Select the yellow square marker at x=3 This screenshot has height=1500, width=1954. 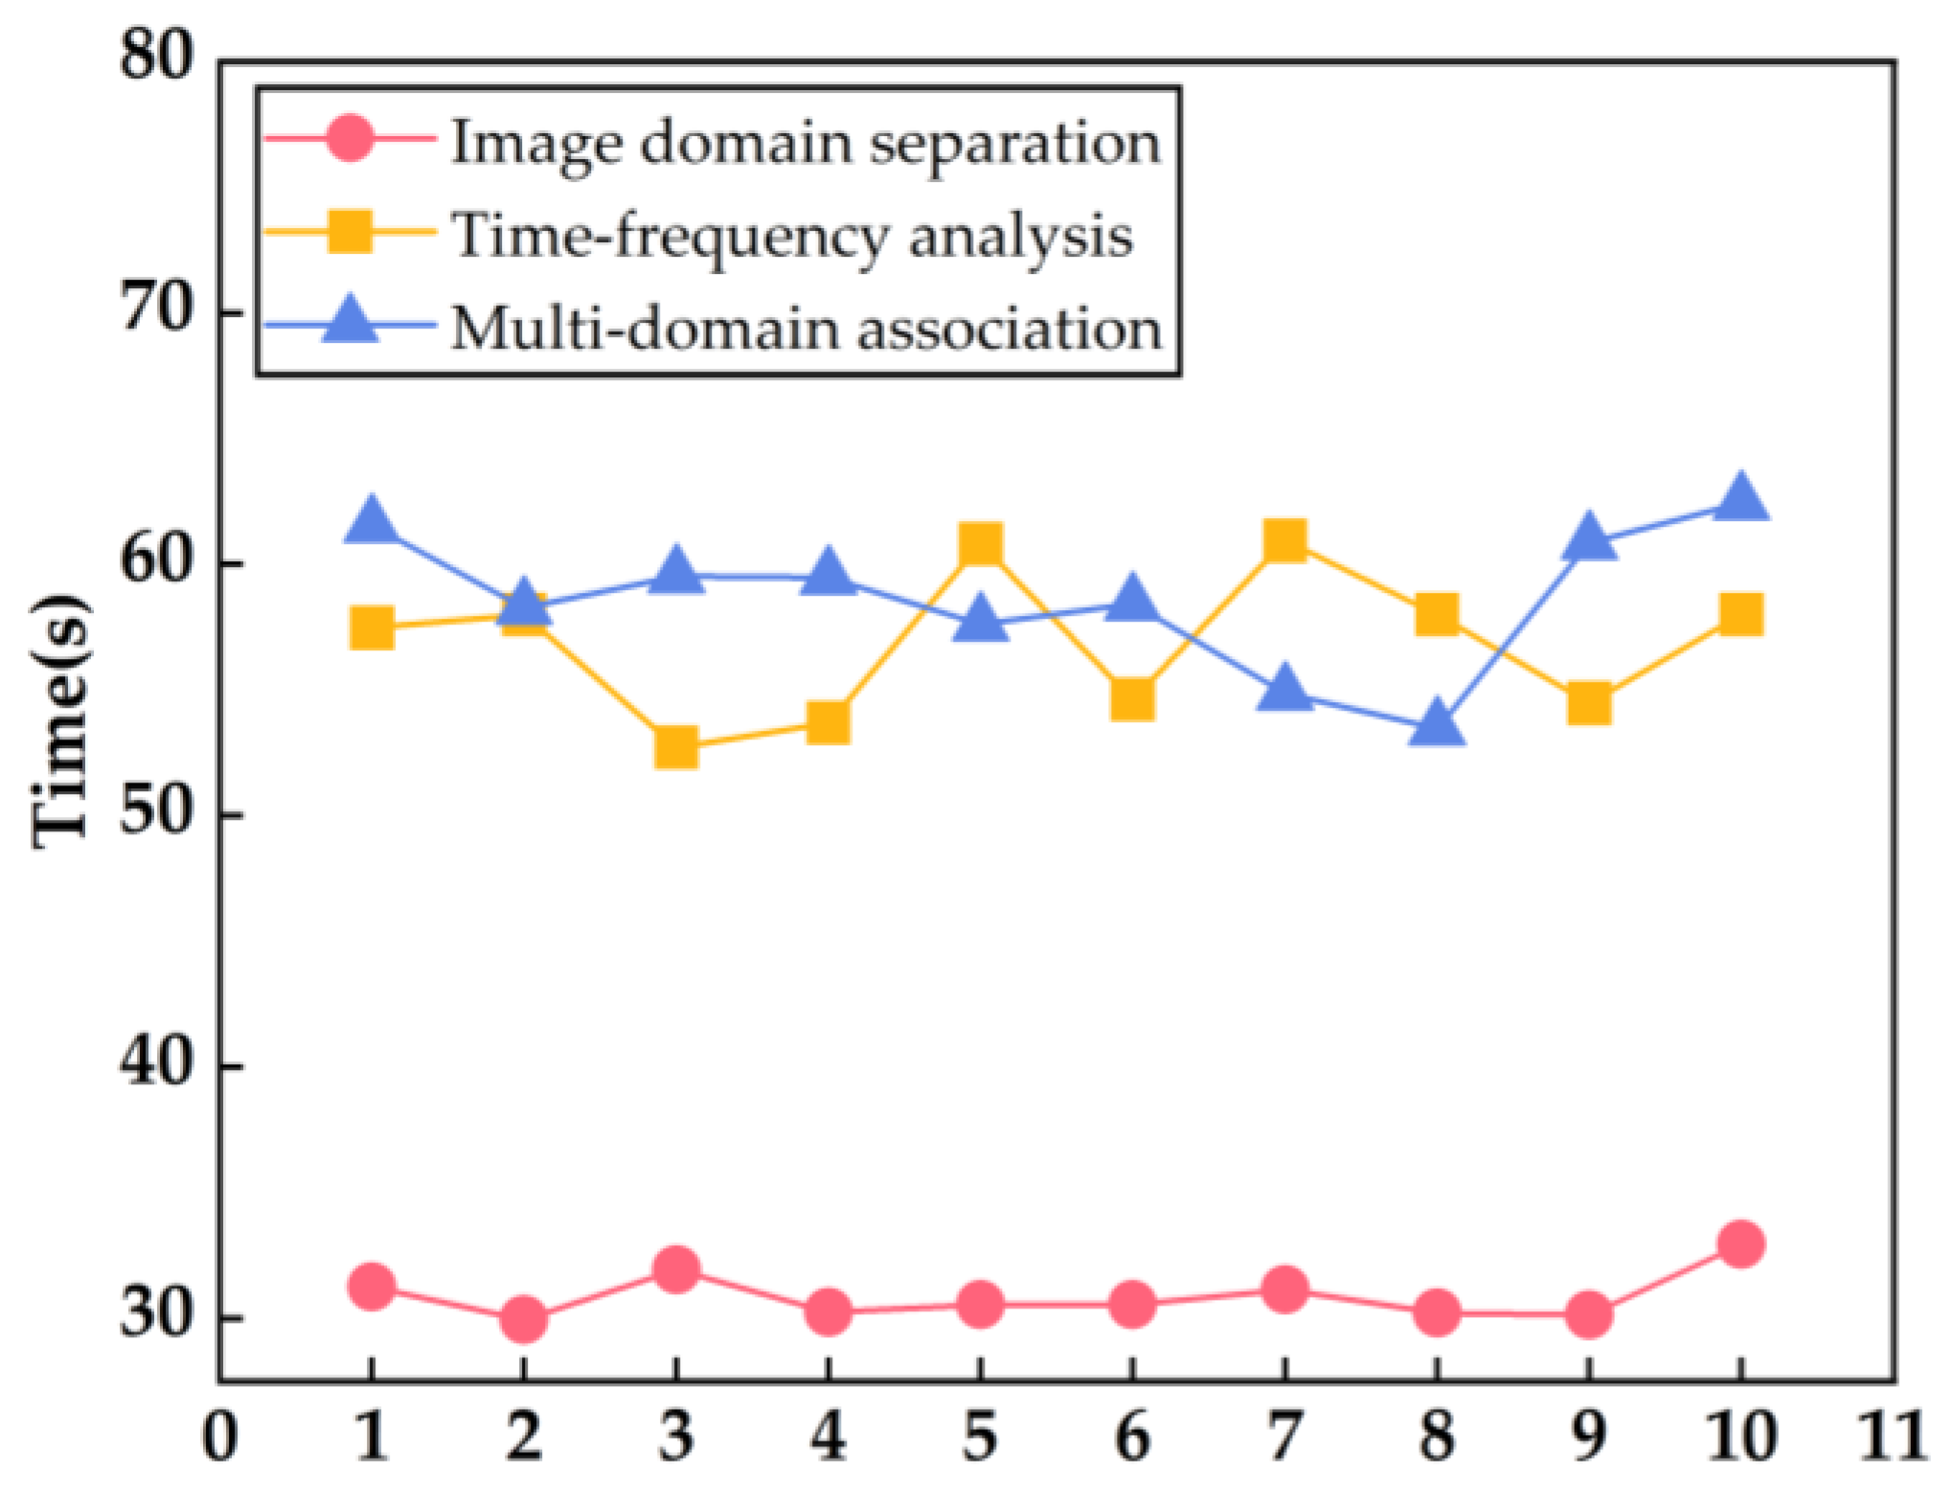676,747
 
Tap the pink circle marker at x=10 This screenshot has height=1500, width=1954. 1740,1244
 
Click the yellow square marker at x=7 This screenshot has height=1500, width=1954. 1284,541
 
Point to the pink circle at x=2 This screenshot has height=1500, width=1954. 523,1319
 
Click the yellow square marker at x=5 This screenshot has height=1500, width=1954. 980,544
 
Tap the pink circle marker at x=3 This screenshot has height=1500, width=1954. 676,1270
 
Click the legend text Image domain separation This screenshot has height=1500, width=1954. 805,143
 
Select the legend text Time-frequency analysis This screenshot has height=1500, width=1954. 791,235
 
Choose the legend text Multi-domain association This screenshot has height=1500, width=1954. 806,329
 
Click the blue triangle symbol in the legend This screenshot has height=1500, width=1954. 350,322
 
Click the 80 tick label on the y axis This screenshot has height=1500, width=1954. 156,57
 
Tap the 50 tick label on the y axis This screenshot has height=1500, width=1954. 156,814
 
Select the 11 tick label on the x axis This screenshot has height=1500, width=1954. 1892,1437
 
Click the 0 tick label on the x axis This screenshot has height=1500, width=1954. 219,1437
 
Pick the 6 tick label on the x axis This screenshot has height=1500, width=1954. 1132,1437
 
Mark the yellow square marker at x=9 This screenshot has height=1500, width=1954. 1588,704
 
